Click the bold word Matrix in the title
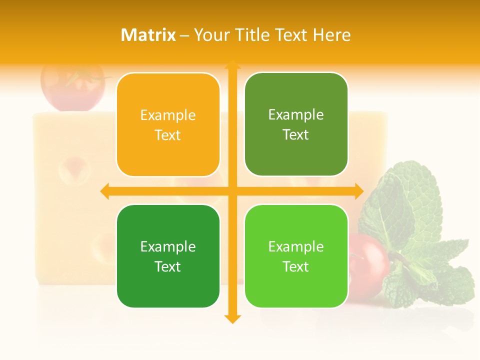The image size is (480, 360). point(148,35)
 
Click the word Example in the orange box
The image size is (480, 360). point(168,115)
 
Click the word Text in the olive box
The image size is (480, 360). point(296,135)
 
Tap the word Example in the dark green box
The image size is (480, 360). point(168,246)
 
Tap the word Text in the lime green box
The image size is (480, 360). point(296,266)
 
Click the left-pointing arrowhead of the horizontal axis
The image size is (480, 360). point(104,191)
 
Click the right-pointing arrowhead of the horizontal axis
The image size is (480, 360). point(359,191)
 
